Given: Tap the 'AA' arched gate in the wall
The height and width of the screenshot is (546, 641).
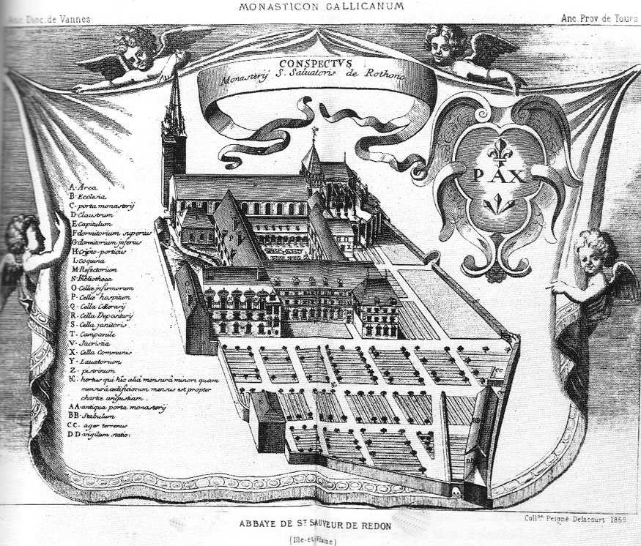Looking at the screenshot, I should [456, 493].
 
